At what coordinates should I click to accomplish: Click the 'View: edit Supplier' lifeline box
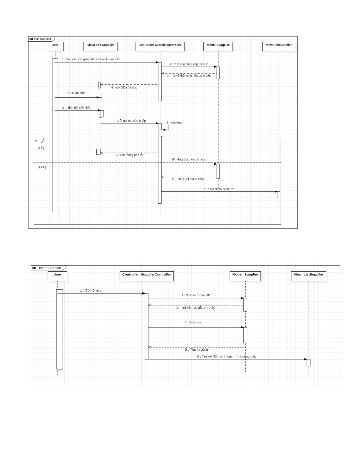click(x=101, y=46)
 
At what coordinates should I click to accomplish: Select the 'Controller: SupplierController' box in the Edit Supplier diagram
click(x=160, y=46)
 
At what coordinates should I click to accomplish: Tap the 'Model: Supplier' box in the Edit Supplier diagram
click(x=218, y=46)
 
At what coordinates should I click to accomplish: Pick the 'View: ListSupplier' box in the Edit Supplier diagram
click(x=279, y=46)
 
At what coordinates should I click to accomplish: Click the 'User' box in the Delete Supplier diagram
click(x=57, y=276)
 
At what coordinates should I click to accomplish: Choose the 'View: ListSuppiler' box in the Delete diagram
click(x=309, y=276)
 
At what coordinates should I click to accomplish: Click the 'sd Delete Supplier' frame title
click(x=47, y=268)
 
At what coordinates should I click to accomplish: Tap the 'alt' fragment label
click(x=37, y=141)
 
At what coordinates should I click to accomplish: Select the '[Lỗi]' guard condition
click(x=41, y=148)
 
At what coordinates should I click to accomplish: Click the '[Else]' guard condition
click(x=42, y=167)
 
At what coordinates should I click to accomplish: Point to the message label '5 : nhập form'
click(x=77, y=93)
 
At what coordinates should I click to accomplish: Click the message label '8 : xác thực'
click(x=175, y=123)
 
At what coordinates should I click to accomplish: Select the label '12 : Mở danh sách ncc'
click(x=219, y=189)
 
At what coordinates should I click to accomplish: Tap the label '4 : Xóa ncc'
click(x=193, y=322)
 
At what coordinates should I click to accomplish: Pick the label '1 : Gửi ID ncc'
click(x=91, y=290)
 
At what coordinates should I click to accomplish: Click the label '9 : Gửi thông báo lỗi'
click(x=129, y=155)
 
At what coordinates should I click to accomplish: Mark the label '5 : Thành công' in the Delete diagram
click(x=196, y=350)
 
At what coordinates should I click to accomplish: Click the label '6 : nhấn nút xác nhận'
click(x=77, y=108)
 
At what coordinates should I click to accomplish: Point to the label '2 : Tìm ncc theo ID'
click(x=196, y=295)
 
